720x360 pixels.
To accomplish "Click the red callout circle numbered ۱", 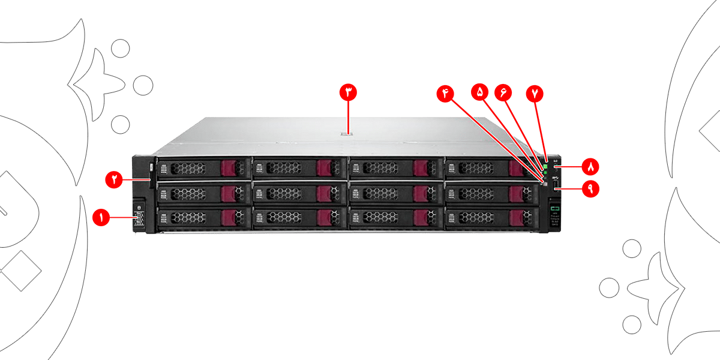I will coord(101,217).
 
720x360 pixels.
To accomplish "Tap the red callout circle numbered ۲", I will coord(113,178).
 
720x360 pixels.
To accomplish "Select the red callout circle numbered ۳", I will coord(348,92).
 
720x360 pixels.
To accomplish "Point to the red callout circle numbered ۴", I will coord(446,92).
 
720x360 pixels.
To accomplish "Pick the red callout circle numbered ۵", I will coord(480,92).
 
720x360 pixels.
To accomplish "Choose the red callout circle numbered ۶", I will coord(503,92).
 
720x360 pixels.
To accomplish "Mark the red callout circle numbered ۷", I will coord(535,93).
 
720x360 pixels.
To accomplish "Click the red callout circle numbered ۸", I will coord(590,165).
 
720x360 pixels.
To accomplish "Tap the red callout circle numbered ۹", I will coord(590,189).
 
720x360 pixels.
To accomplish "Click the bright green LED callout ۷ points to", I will coord(545,166).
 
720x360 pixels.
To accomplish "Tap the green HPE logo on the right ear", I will coord(556,208).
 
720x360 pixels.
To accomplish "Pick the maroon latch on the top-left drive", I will coord(229,168).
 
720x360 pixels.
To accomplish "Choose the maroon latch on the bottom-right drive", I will coord(515,217).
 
